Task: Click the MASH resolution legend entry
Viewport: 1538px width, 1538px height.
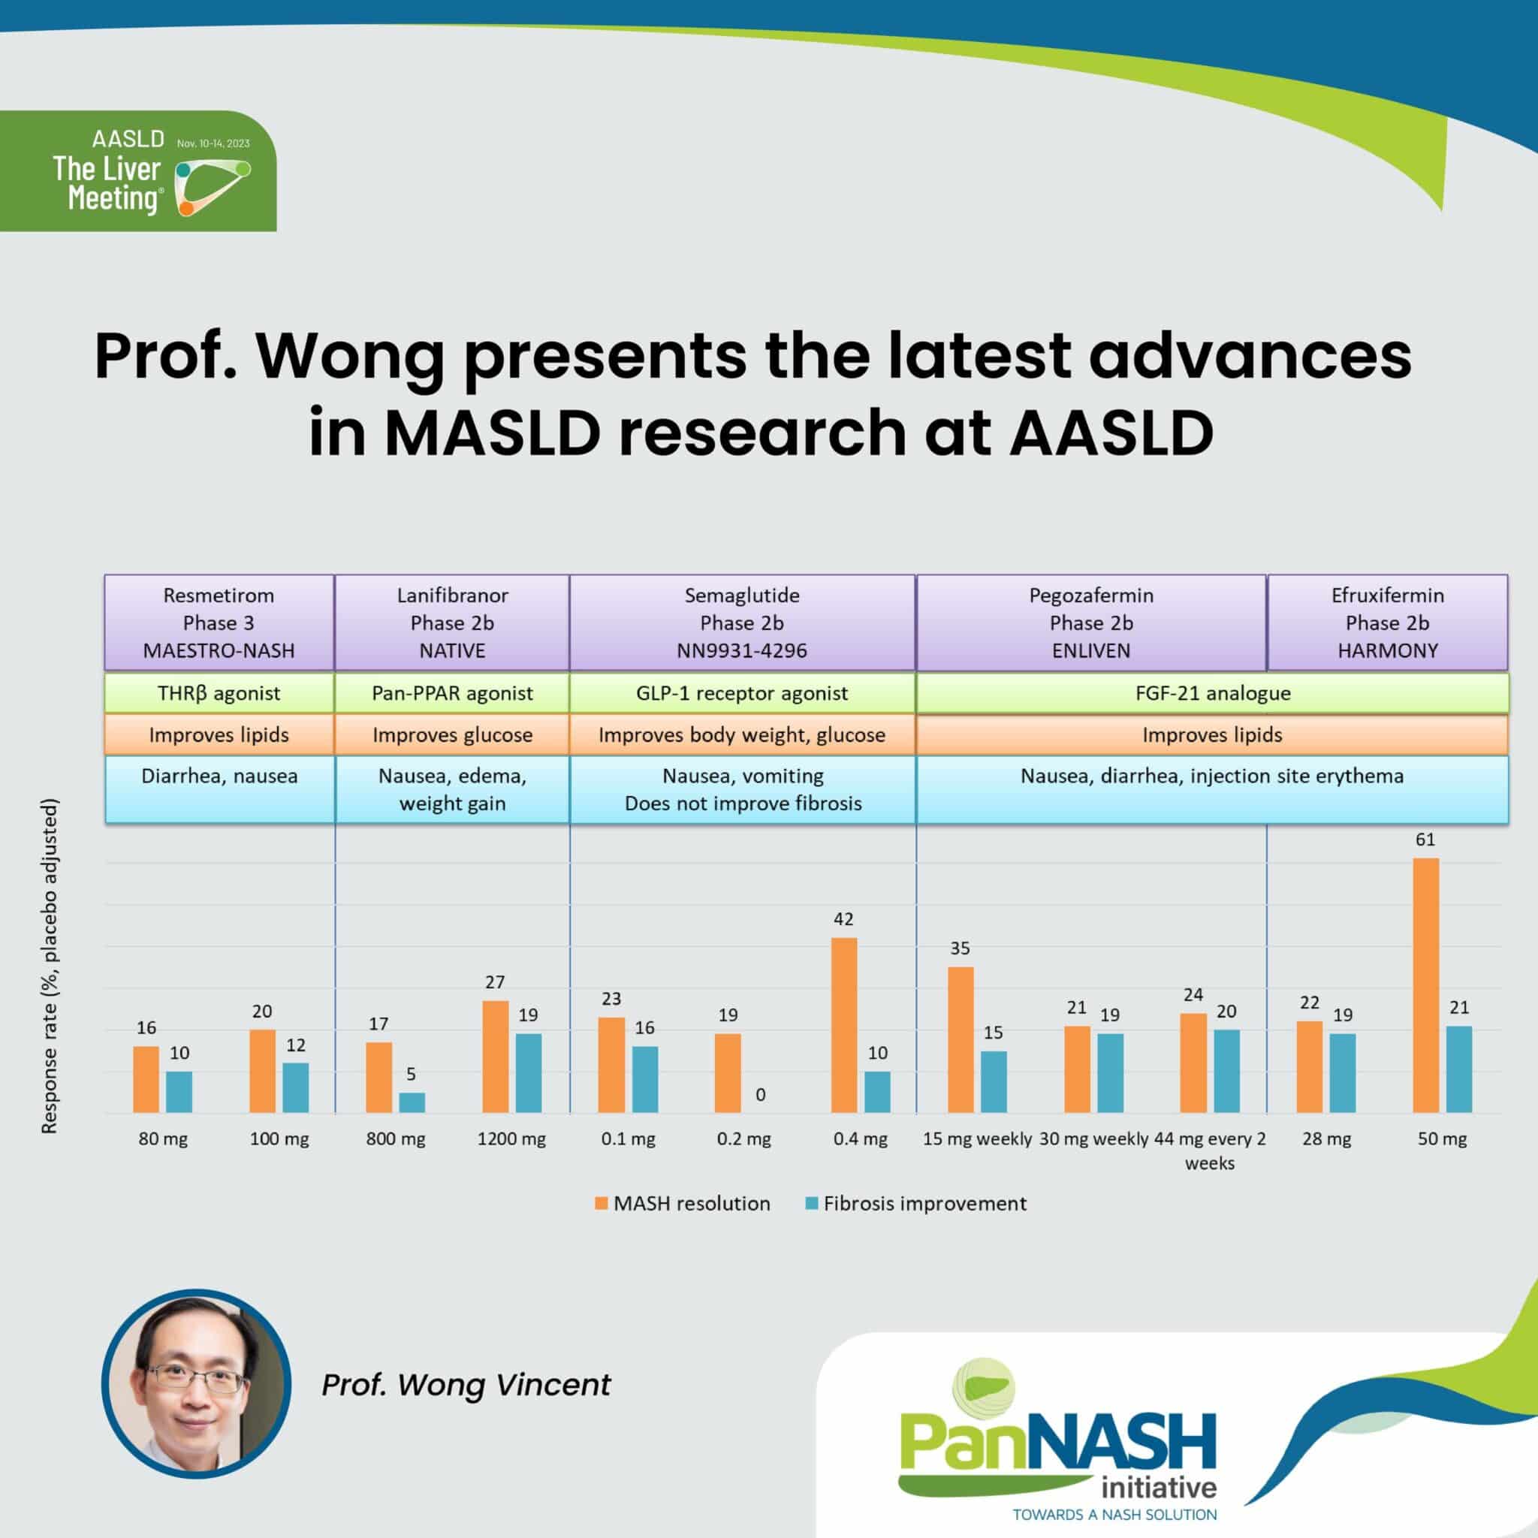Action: [x=683, y=1203]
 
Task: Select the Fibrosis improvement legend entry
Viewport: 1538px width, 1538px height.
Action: [x=916, y=1203]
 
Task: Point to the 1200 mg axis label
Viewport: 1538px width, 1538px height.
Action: [x=511, y=1138]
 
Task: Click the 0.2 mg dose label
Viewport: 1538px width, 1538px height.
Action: [x=743, y=1138]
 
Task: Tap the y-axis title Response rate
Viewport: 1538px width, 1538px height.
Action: [x=50, y=966]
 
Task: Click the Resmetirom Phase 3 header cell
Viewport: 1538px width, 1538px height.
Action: [x=219, y=623]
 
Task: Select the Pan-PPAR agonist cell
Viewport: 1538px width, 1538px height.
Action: [x=452, y=692]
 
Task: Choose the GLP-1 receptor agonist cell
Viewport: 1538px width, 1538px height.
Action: [x=742, y=692]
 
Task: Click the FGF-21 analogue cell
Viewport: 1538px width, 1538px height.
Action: [x=1211, y=692]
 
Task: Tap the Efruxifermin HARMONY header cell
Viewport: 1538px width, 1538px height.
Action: [x=1387, y=623]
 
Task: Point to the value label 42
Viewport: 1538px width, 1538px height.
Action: [x=843, y=918]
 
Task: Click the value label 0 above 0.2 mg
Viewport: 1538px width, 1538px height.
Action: [x=760, y=1095]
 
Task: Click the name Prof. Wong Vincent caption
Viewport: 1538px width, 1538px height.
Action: [x=466, y=1384]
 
